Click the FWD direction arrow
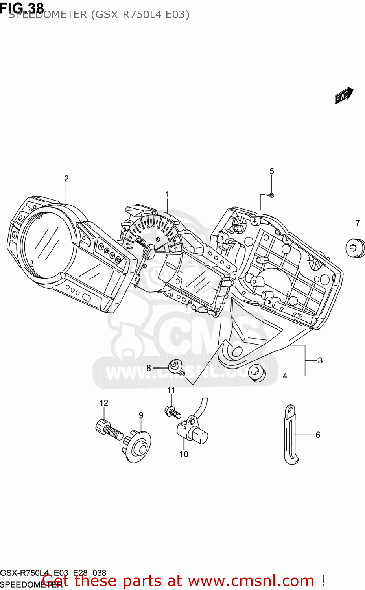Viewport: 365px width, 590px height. pyautogui.click(x=344, y=95)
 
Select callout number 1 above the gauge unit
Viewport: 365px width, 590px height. pyautogui.click(x=167, y=194)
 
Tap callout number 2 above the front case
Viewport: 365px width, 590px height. pyautogui.click(x=66, y=179)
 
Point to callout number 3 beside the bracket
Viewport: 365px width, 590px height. pyautogui.click(x=320, y=360)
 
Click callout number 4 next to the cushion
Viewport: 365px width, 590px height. pyautogui.click(x=285, y=376)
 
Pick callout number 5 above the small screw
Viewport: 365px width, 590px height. pyautogui.click(x=272, y=171)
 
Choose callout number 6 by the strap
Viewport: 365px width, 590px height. pyautogui.click(x=318, y=435)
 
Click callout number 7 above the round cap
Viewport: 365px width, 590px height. pyautogui.click(x=358, y=223)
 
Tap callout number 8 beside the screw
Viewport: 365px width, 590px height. pyautogui.click(x=149, y=368)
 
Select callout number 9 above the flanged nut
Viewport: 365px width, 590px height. pyautogui.click(x=141, y=415)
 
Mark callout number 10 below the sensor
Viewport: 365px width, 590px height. pyautogui.click(x=184, y=454)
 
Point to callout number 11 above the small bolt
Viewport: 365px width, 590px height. pyautogui.click(x=171, y=390)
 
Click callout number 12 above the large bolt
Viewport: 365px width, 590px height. pyautogui.click(x=104, y=403)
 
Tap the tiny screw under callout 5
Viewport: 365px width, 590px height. pyautogui.click(x=271, y=195)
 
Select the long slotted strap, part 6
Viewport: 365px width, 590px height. pyautogui.click(x=291, y=435)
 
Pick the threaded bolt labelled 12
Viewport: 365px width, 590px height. pyautogui.click(x=109, y=430)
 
